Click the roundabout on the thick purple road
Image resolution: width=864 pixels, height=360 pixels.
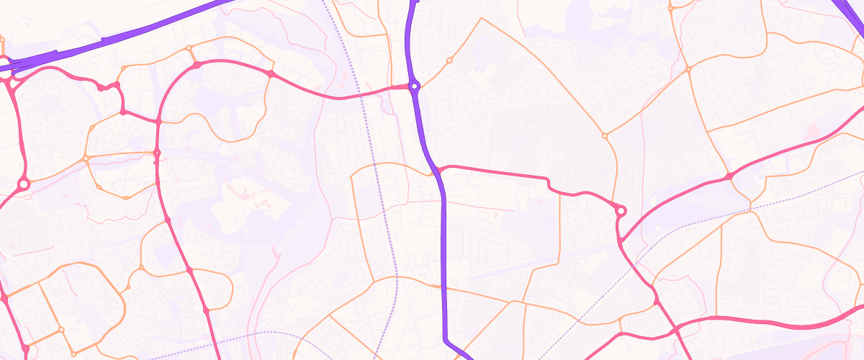click(x=414, y=86)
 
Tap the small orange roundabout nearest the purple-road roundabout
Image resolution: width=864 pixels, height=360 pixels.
click(x=449, y=60)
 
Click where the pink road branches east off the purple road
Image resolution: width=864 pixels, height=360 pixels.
click(x=438, y=170)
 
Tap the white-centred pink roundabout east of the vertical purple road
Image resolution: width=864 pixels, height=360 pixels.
click(x=621, y=211)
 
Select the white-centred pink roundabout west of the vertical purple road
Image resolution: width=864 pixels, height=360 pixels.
click(x=23, y=185)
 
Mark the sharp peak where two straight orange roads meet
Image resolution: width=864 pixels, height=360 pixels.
click(x=481, y=19)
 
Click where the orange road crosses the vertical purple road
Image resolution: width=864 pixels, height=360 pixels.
click(x=443, y=287)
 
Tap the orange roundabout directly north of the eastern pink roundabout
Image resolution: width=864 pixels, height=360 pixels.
click(x=604, y=135)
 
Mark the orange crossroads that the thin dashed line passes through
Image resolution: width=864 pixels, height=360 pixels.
click(x=750, y=208)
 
